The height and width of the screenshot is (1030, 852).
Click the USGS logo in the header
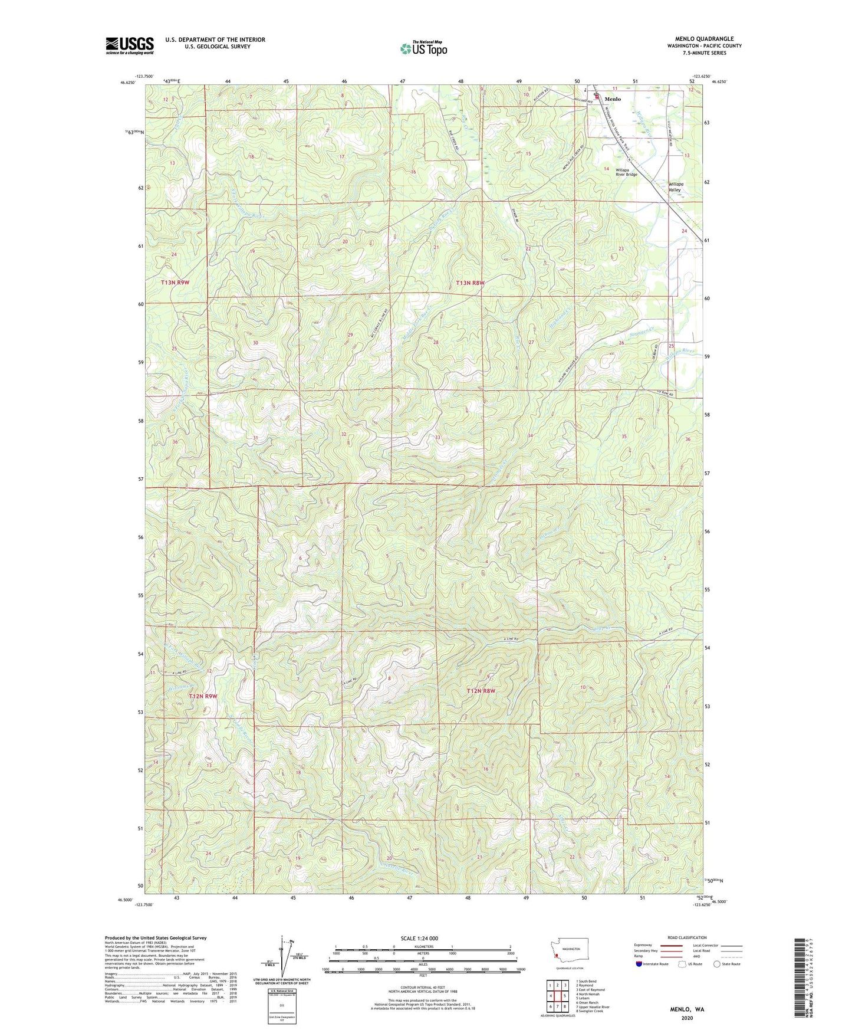click(130, 45)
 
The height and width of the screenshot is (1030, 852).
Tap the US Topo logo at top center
click(423, 48)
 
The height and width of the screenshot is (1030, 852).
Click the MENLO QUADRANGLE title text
click(704, 39)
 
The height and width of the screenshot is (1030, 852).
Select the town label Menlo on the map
click(613, 99)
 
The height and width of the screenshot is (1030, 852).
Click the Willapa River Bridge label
click(626, 172)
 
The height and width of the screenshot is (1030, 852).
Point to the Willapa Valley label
click(675, 187)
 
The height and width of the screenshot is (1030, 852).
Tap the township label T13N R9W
click(175, 283)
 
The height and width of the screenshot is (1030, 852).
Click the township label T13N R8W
click(470, 283)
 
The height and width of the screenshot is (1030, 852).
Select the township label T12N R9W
click(203, 696)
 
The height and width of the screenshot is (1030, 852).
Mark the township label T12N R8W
click(481, 691)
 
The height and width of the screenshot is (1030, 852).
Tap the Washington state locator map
click(570, 951)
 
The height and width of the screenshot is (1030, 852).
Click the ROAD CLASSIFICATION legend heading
click(687, 937)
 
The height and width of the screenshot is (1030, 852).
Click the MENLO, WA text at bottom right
click(687, 1009)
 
